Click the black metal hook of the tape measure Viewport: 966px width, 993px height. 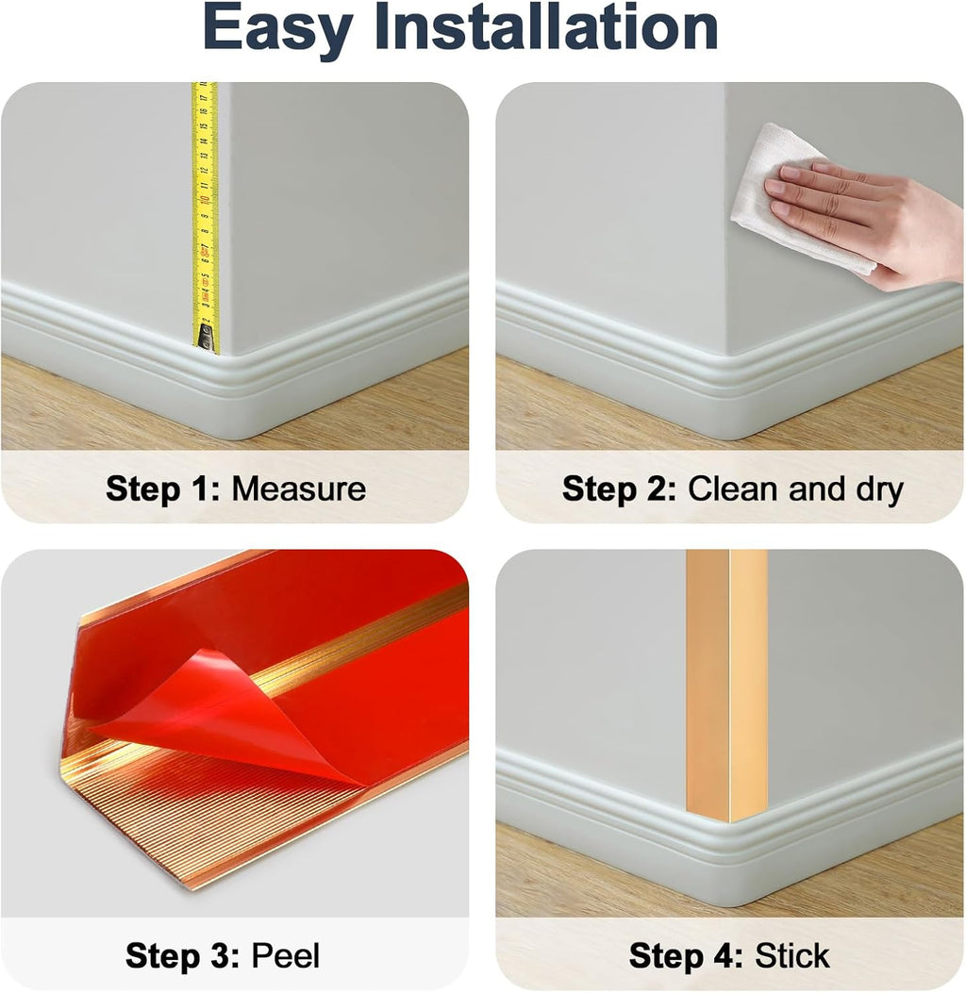coord(205,339)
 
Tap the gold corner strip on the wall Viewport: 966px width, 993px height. coord(726,679)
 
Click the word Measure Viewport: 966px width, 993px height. coord(298,489)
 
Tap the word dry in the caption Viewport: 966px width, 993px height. coord(874,489)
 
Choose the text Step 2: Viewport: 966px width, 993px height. coord(620,489)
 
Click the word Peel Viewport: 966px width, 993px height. coord(285,955)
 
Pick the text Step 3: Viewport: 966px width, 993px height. coord(183,955)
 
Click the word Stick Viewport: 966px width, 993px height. coord(791,955)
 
